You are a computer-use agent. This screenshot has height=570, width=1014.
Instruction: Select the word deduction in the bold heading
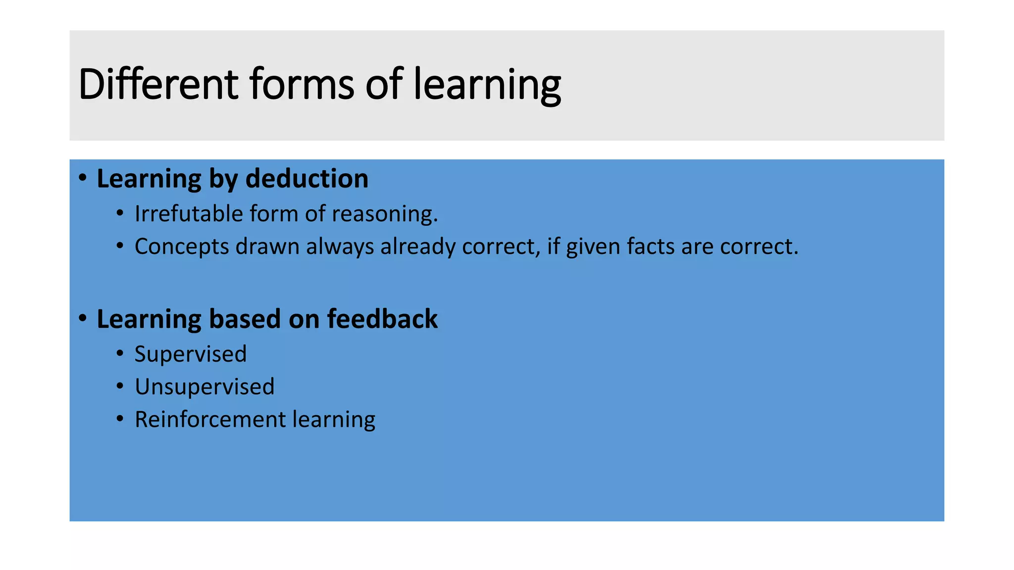[307, 179]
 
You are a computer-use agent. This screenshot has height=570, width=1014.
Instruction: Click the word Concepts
[182, 247]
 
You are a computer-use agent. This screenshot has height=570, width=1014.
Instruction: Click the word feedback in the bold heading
[382, 319]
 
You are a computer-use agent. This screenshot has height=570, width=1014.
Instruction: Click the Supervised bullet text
[191, 354]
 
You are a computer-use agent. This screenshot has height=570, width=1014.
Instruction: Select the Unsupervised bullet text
[204, 387]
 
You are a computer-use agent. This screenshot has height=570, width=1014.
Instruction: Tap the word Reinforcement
[210, 420]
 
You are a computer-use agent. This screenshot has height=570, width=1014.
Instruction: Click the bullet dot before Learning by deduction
[83, 178]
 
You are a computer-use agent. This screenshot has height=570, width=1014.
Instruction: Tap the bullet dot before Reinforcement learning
[120, 419]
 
